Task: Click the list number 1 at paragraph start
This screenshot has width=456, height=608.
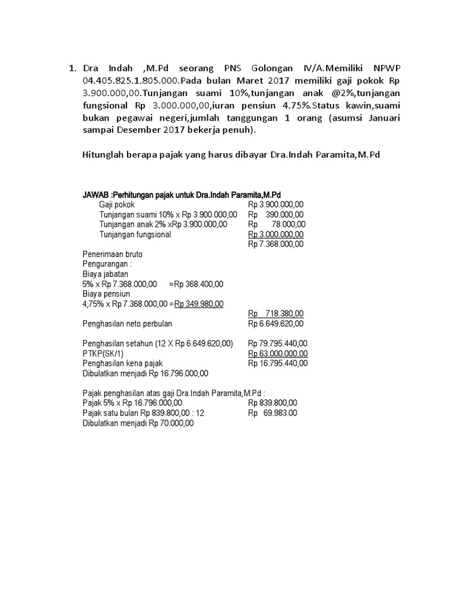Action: (x=72, y=68)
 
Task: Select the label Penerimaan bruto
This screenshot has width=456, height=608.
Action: (x=112, y=254)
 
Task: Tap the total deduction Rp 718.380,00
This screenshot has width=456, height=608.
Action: (x=276, y=313)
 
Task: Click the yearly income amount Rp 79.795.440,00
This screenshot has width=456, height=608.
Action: (x=278, y=343)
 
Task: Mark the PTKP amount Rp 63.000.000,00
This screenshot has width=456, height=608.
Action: (x=278, y=353)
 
